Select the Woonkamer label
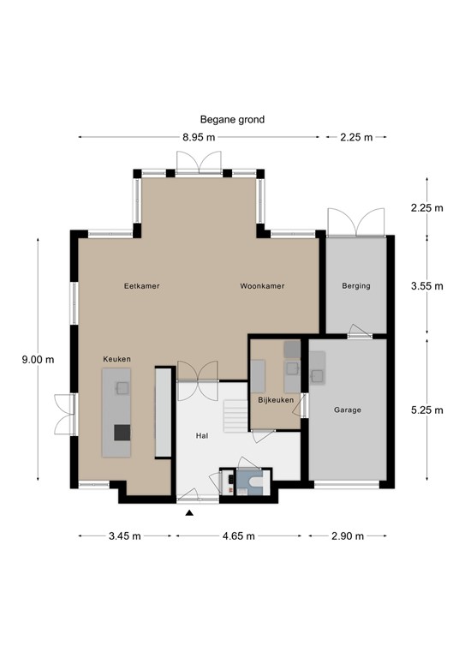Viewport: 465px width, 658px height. coord(262,286)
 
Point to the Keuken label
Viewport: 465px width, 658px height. coord(117,359)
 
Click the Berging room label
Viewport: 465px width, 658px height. coord(355,286)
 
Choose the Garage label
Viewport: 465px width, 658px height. coord(348,410)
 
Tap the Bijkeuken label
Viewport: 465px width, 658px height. coord(276,400)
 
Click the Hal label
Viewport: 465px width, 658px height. coord(202,436)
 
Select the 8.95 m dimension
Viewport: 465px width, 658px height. coord(199,137)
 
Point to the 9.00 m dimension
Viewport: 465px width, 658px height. coord(38,360)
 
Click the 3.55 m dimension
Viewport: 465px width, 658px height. coord(427,286)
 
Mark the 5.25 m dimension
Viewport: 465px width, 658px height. coord(427,410)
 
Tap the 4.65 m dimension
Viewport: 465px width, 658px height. coord(238,536)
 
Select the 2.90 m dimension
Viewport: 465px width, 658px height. coord(348,536)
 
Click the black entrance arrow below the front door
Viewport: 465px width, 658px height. coord(189,513)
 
